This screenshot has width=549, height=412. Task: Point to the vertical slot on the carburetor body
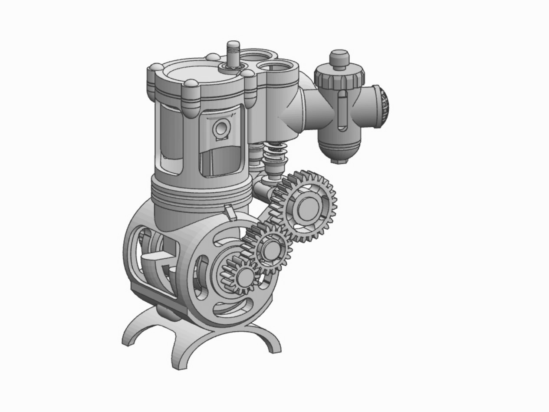[342, 111]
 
